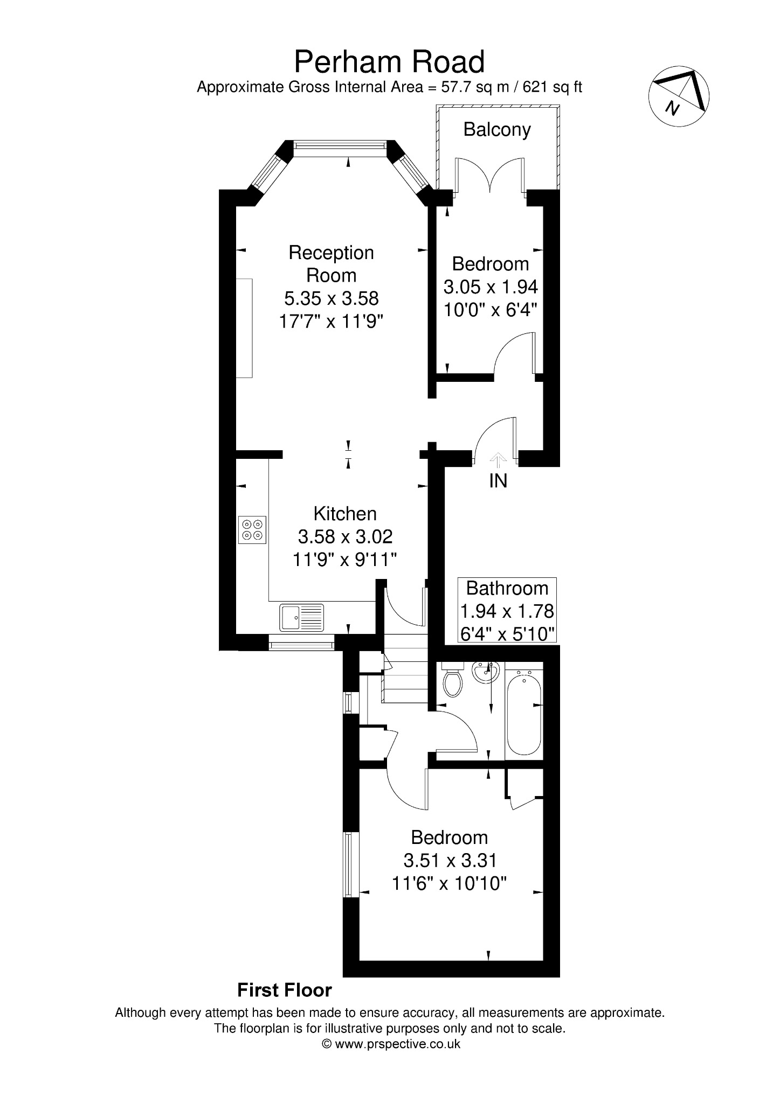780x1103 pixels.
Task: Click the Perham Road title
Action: pyautogui.click(x=389, y=62)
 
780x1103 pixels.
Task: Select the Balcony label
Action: pyautogui.click(x=497, y=130)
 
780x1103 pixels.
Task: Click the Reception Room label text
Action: pyautogui.click(x=331, y=264)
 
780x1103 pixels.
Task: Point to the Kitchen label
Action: pyautogui.click(x=345, y=514)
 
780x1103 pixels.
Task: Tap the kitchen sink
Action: pyautogui.click(x=302, y=617)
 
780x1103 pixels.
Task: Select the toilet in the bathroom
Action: pyautogui.click(x=453, y=680)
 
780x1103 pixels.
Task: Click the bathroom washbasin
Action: pyautogui.click(x=486, y=672)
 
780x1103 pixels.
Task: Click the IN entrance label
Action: pyautogui.click(x=498, y=480)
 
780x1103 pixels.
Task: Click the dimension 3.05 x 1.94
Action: pyautogui.click(x=491, y=287)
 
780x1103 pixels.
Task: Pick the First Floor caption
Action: pyautogui.click(x=285, y=990)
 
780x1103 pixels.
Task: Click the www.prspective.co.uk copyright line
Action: pyautogui.click(x=391, y=1044)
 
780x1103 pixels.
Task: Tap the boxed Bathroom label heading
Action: pyautogui.click(x=507, y=588)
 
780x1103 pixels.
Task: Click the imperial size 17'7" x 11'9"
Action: pyautogui.click(x=331, y=322)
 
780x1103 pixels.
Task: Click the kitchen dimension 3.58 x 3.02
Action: pyautogui.click(x=345, y=536)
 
